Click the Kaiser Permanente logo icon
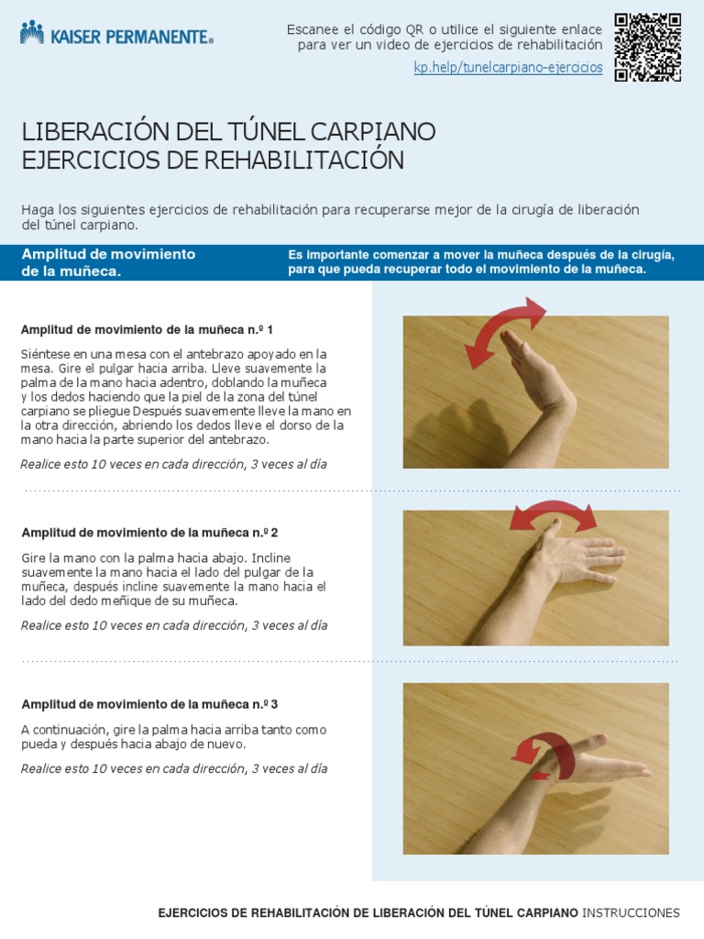click(x=32, y=33)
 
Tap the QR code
click(x=647, y=47)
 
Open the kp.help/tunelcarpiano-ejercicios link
click(x=508, y=68)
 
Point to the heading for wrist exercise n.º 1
click(x=147, y=329)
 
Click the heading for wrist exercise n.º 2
click(x=149, y=532)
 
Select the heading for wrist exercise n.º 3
click(x=149, y=704)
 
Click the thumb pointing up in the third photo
click(x=591, y=741)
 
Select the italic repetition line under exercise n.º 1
click(x=173, y=464)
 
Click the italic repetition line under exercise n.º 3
click(x=173, y=768)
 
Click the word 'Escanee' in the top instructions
click(x=313, y=29)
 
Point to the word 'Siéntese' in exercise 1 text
click(x=45, y=353)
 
